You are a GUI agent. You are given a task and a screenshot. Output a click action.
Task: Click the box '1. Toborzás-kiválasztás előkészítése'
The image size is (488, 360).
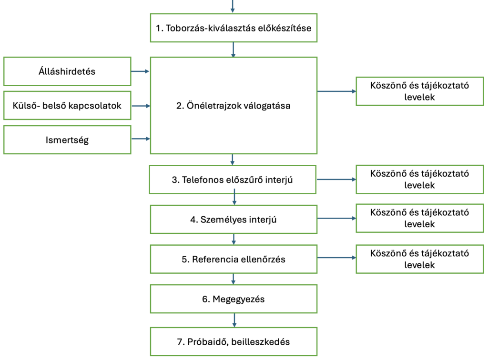[x=233, y=28]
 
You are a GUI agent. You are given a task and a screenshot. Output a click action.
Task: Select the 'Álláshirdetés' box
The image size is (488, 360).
[x=67, y=71]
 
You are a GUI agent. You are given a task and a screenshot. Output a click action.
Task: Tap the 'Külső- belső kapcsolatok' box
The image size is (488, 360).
[x=67, y=106]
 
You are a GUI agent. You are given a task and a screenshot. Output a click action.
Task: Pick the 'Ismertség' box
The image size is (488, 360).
[x=67, y=140]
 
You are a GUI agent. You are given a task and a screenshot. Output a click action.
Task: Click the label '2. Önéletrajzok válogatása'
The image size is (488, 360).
[x=233, y=106]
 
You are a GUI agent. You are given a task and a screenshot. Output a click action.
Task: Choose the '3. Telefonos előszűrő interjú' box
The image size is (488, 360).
[x=233, y=180]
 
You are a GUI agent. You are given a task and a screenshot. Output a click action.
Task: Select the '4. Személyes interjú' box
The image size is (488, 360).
[x=233, y=220]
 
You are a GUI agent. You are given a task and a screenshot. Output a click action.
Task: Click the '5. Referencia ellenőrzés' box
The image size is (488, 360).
[x=233, y=260]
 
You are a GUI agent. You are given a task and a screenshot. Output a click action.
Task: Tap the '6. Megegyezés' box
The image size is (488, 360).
[x=233, y=299]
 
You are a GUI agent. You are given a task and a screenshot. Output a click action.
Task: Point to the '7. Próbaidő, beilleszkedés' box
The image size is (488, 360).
[x=233, y=341]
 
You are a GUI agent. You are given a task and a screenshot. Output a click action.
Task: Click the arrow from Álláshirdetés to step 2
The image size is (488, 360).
[x=140, y=71]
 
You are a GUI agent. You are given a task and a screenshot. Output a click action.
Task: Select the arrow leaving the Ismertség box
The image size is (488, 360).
[x=140, y=139]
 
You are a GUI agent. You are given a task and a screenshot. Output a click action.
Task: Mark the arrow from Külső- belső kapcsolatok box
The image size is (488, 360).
[x=140, y=106]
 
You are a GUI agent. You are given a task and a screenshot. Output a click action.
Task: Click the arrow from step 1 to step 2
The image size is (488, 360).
[x=233, y=50]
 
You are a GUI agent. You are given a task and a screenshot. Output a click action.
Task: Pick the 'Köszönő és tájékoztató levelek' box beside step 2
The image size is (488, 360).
[x=419, y=91]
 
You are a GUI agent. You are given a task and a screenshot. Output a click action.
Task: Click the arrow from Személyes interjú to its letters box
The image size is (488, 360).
[x=336, y=218]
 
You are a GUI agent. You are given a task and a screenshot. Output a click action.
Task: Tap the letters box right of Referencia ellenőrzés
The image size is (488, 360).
[x=419, y=259]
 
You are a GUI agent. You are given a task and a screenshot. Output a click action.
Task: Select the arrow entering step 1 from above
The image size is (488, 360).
[x=233, y=6]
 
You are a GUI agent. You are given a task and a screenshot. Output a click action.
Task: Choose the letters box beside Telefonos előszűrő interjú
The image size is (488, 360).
[x=419, y=179]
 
